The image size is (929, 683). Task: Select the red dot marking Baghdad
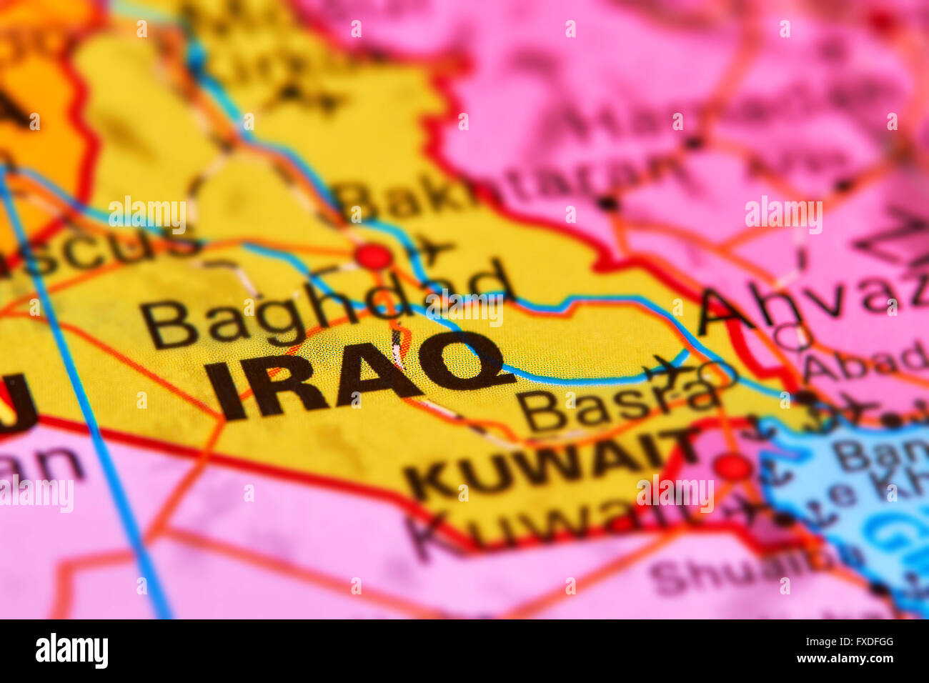point(374,256)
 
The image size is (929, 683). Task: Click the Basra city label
point(618,407)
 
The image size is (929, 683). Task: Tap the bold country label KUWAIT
point(550,464)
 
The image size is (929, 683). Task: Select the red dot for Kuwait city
point(732,467)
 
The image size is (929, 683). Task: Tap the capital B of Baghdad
point(169,325)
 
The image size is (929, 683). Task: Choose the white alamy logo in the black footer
point(71,651)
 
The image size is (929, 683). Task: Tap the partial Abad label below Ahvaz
point(865,364)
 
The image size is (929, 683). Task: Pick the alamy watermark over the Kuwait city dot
point(675,493)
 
